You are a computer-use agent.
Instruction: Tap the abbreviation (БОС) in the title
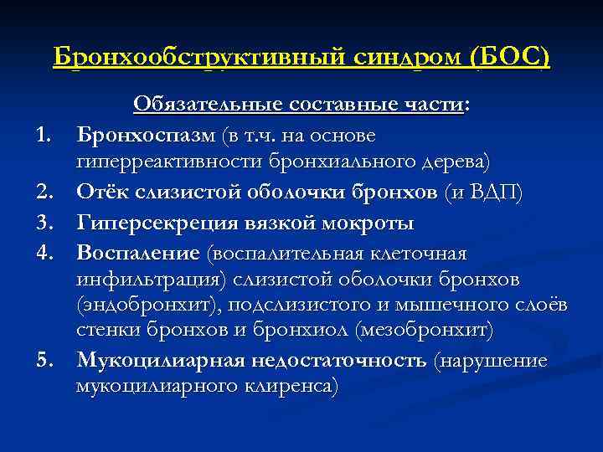(x=510, y=59)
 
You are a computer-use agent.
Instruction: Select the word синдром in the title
(x=406, y=59)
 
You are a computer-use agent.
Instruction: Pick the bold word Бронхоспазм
(x=147, y=135)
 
